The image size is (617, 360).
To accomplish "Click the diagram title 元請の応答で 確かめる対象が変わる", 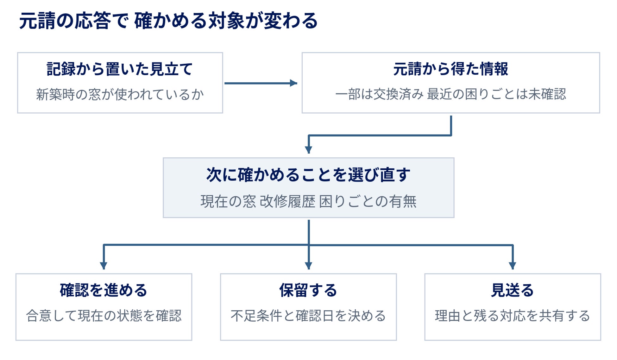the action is [168, 21].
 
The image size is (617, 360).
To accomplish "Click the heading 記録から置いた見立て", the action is [120, 69].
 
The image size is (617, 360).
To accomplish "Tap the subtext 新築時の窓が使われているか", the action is [120, 94].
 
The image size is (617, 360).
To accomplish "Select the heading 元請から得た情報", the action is [450, 69].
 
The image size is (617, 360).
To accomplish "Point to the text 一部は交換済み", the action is [379, 94].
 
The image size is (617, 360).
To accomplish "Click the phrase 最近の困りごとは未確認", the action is [496, 94].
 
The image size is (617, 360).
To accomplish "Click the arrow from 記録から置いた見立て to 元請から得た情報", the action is [261, 83].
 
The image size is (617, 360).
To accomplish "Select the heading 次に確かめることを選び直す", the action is [308, 175].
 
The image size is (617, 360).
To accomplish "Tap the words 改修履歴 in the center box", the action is [287, 201].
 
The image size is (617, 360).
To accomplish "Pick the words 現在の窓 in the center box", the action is [228, 201].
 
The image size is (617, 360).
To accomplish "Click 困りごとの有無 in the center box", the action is [368, 201].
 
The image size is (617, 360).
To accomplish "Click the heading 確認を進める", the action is [104, 290].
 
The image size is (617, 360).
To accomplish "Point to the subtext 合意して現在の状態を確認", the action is [104, 316].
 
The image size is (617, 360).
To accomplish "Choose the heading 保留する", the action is [308, 290].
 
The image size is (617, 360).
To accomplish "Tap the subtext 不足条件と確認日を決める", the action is [308, 316].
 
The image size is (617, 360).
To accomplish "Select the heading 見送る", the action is [512, 290].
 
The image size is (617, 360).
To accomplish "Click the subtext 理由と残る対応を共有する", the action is [512, 316].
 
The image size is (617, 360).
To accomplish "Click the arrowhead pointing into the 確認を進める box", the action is [104, 266].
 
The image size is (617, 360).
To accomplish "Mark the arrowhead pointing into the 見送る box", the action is [513, 266].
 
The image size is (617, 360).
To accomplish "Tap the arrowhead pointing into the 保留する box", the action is [309, 266].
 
